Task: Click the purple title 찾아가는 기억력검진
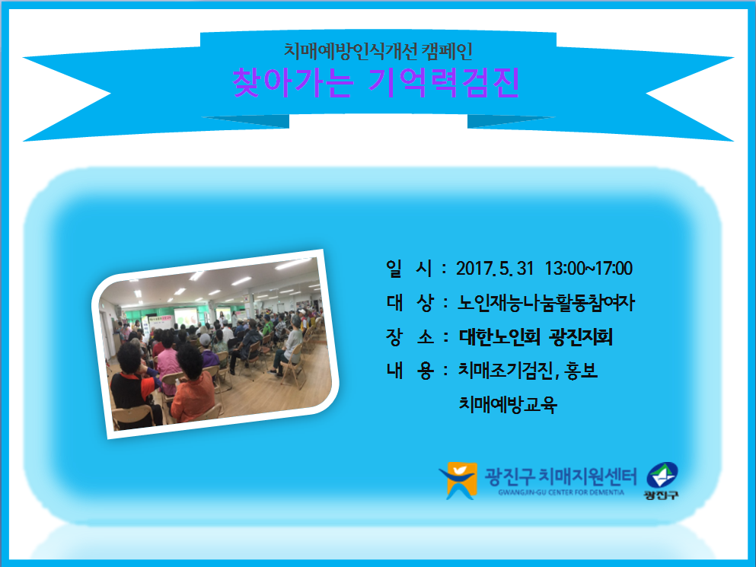click(x=376, y=83)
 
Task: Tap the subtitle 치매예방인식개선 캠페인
click(x=378, y=51)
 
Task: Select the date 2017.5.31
click(x=495, y=269)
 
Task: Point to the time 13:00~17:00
click(x=589, y=269)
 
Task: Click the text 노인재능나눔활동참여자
click(x=547, y=303)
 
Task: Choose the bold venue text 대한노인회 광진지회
click(x=536, y=336)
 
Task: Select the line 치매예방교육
click(x=508, y=404)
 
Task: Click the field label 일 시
click(x=409, y=269)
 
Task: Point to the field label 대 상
click(x=410, y=303)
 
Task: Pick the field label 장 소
click(x=410, y=336)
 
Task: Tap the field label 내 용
click(x=410, y=371)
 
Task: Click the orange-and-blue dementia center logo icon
click(x=458, y=481)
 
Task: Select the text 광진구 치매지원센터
click(x=560, y=477)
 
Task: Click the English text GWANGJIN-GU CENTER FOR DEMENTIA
click(x=561, y=492)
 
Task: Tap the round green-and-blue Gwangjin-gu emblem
click(x=662, y=476)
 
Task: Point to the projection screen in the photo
click(x=186, y=317)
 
